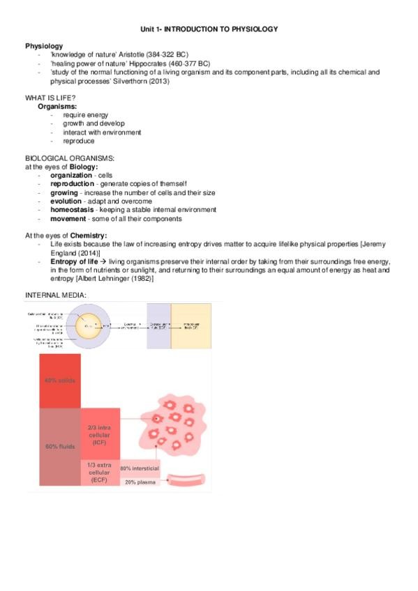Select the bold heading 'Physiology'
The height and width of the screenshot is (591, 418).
pyautogui.click(x=44, y=46)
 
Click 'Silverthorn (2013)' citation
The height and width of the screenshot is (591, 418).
pyautogui.click(x=162, y=81)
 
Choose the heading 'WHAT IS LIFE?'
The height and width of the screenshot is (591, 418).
pyautogui.click(x=49, y=98)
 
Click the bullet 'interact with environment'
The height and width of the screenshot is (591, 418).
pyautogui.click(x=102, y=132)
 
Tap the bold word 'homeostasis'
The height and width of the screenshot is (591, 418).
pyautogui.click(x=73, y=210)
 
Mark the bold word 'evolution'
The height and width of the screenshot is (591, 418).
pyautogui.click(x=66, y=201)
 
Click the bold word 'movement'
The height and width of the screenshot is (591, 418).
pyautogui.click(x=68, y=219)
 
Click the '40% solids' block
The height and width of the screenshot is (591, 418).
pyautogui.click(x=60, y=381)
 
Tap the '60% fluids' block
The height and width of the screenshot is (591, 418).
pyautogui.click(x=60, y=447)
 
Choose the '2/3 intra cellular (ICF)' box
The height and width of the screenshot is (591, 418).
pyautogui.click(x=100, y=434)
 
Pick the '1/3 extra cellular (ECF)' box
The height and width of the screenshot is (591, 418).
pyautogui.click(x=100, y=472)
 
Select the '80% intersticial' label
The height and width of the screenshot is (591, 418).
pyautogui.click(x=140, y=468)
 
